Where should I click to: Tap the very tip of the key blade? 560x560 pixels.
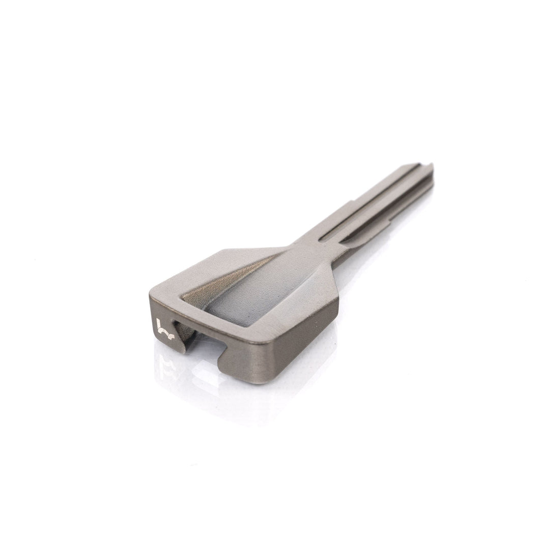432,165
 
